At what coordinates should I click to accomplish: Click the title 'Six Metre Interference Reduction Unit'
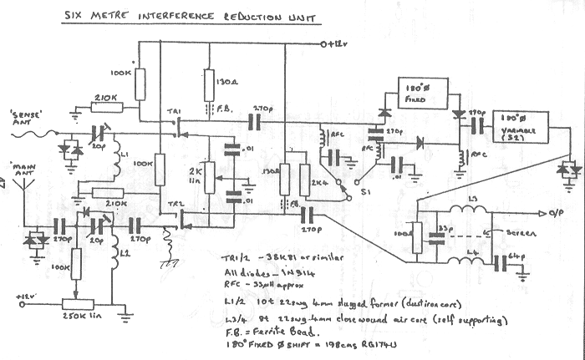190,18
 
